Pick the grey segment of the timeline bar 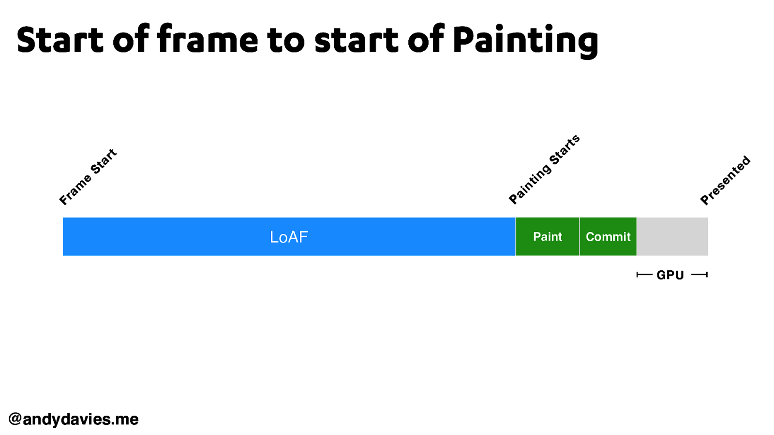(672, 237)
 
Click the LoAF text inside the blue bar (289, 237)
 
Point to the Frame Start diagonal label (88, 177)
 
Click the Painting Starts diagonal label (544, 169)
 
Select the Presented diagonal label (725, 180)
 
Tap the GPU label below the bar (670, 275)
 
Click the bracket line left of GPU (644, 275)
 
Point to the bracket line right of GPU (700, 275)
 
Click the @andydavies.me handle (74, 419)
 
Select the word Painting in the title (525, 41)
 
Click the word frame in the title (208, 40)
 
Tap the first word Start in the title (60, 40)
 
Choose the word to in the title (285, 41)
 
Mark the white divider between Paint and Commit (580, 237)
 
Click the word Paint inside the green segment (547, 237)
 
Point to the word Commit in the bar (608, 237)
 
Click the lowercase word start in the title (356, 41)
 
